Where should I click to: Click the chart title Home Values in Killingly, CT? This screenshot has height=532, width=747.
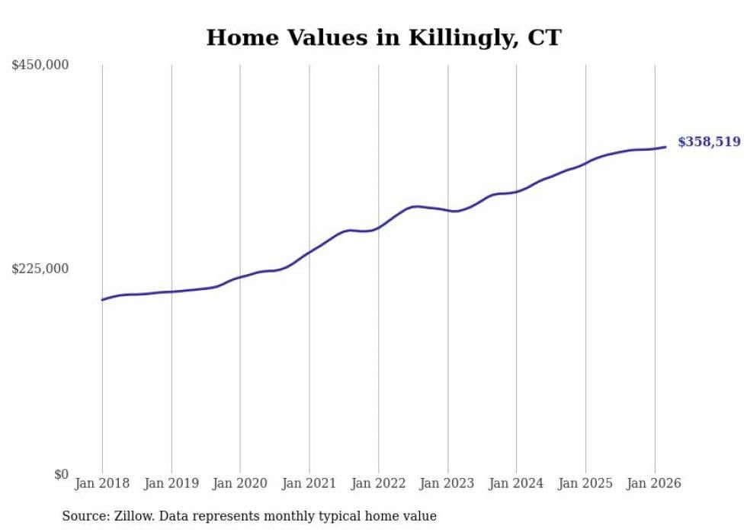383,37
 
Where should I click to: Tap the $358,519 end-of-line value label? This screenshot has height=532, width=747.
709,142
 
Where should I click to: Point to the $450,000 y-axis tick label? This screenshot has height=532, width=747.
40,65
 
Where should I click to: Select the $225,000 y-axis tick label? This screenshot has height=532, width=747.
40,269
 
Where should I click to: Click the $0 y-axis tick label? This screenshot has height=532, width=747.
61,474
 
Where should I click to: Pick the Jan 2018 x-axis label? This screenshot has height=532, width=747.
102,483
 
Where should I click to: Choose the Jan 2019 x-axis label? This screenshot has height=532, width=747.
172,483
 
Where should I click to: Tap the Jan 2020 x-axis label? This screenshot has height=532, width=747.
240,483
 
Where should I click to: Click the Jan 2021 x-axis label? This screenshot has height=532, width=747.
309,483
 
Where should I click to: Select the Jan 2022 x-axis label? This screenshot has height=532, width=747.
378,483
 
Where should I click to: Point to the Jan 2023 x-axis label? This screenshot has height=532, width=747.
447,483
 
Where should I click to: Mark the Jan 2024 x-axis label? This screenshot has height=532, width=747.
516,483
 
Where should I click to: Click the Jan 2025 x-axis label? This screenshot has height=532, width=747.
585,483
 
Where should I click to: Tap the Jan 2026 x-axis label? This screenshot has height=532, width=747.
654,483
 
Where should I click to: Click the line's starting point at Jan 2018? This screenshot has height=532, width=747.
102,300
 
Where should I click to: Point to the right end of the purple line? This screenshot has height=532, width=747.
665,147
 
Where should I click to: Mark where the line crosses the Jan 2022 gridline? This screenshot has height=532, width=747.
378,227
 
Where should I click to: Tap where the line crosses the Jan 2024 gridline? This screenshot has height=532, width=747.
516,192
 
